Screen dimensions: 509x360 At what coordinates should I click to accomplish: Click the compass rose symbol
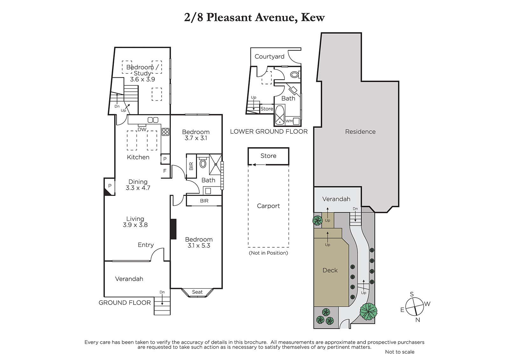[x=415, y=307]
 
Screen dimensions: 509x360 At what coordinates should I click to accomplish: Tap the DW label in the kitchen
[x=142, y=130]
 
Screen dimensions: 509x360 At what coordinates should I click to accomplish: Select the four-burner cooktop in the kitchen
[x=165, y=132]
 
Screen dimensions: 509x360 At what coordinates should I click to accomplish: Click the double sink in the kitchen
[x=153, y=120]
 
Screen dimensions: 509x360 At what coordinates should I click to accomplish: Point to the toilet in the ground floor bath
[x=203, y=163]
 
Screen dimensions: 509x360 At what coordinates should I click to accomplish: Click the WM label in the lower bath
[x=289, y=121]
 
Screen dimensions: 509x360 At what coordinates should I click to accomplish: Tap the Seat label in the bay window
[x=197, y=292]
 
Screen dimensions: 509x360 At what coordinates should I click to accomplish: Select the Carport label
[x=268, y=206]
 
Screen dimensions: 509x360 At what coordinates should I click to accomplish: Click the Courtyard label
[x=269, y=56]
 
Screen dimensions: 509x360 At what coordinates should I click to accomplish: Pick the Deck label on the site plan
[x=330, y=270]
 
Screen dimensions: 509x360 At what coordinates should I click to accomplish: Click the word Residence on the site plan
[x=360, y=131]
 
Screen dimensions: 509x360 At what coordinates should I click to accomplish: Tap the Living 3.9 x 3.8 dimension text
[x=135, y=222]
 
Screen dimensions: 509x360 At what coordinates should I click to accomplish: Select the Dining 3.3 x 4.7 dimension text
[x=138, y=185]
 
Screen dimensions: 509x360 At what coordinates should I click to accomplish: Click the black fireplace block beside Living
[x=173, y=229]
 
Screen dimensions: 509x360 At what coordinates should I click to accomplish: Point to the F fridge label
[x=165, y=171]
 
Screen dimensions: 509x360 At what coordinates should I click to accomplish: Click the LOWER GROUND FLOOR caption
[x=269, y=131]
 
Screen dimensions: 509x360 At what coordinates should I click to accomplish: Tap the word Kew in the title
[x=313, y=17]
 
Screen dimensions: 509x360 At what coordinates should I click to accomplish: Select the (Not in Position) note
[x=268, y=253]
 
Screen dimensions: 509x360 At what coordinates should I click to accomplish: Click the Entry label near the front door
[x=146, y=245]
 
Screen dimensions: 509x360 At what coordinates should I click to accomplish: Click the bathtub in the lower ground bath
[x=280, y=115]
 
